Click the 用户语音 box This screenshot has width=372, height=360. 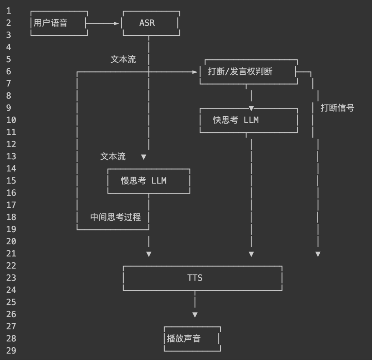(59, 23)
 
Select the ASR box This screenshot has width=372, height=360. (151, 23)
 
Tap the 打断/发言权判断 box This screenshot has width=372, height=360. (248, 72)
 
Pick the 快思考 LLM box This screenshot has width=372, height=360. (248, 120)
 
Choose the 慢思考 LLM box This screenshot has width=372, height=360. (148, 181)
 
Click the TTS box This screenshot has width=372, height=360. (202, 278)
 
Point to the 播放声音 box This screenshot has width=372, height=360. (192, 339)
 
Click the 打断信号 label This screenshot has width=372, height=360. (337, 108)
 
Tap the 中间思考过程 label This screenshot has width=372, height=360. (115, 217)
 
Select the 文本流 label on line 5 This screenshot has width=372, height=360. (123, 59)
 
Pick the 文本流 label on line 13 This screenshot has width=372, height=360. (113, 157)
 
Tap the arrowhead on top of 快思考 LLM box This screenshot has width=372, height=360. (251, 108)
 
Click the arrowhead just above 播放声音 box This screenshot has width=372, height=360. (195, 315)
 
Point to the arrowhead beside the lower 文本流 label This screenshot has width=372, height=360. (144, 157)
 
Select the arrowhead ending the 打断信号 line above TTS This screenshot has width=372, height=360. (318, 254)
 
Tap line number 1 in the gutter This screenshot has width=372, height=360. (9, 11)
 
